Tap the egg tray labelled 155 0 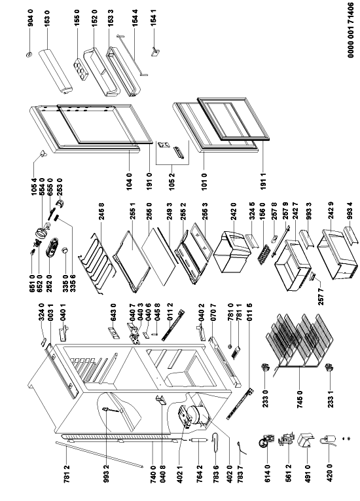point(81,69)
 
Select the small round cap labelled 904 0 point(29,54)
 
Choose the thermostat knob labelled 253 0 point(60,204)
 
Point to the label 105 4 point(34,185)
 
